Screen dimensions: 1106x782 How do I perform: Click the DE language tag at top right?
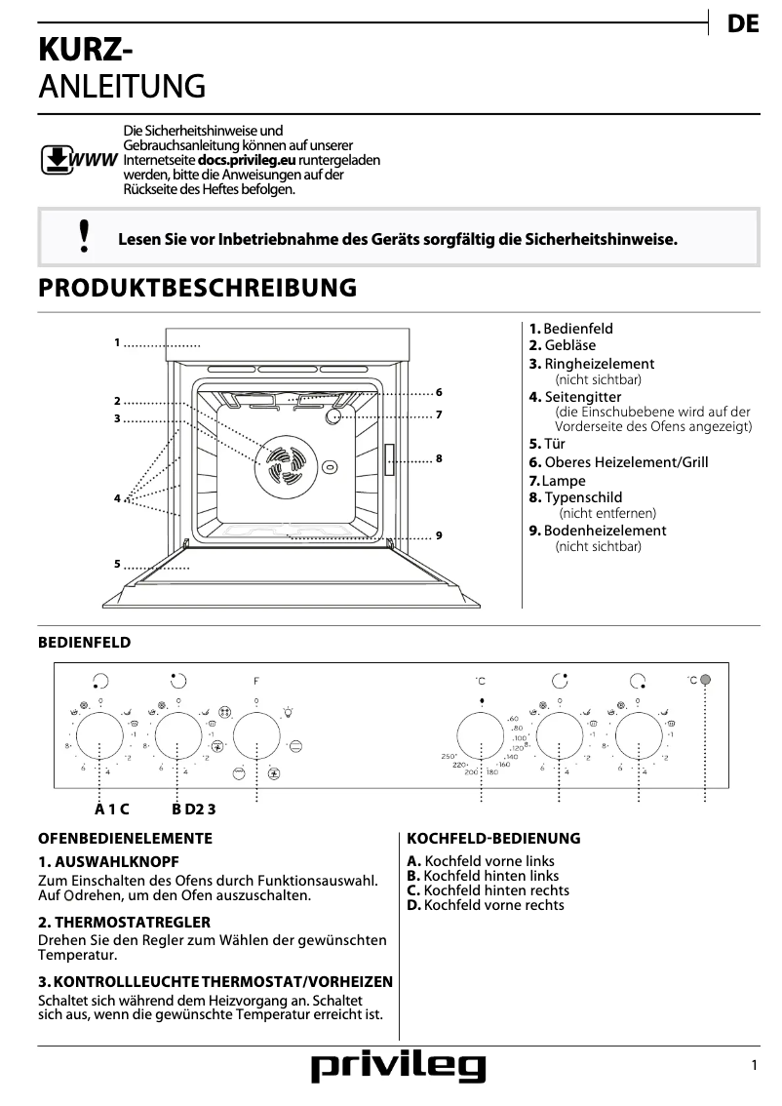click(742, 25)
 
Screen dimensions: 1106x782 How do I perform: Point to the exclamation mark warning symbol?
click(85, 237)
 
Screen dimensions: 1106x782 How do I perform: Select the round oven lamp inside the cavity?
click(334, 416)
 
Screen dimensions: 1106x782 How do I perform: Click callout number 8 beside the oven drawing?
click(440, 458)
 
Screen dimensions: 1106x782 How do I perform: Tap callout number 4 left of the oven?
click(117, 498)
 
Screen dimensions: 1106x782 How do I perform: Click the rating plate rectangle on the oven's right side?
click(389, 459)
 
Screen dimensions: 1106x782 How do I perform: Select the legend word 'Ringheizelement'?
click(599, 364)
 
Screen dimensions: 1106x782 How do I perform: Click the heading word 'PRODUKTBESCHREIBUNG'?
click(197, 289)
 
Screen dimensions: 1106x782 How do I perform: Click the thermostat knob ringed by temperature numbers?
click(482, 735)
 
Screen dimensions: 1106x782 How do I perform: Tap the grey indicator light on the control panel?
click(705, 680)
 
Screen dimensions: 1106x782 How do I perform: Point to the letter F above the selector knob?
click(256, 680)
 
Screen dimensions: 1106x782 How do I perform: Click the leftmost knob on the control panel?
click(99, 735)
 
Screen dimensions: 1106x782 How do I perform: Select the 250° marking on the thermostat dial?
click(450, 757)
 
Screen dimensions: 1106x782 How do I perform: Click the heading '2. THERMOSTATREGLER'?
click(124, 922)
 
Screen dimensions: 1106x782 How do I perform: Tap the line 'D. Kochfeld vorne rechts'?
click(486, 905)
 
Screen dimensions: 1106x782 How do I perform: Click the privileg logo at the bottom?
click(398, 1068)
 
